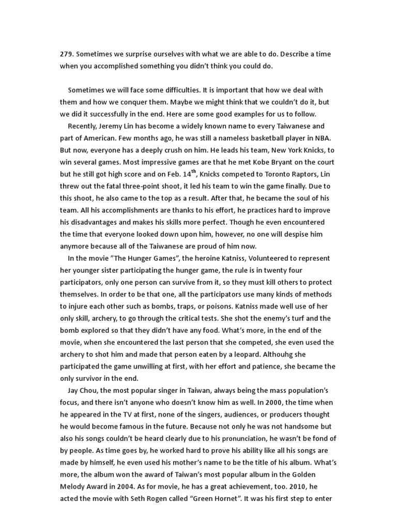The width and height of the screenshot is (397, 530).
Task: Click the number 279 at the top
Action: coord(67,55)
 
